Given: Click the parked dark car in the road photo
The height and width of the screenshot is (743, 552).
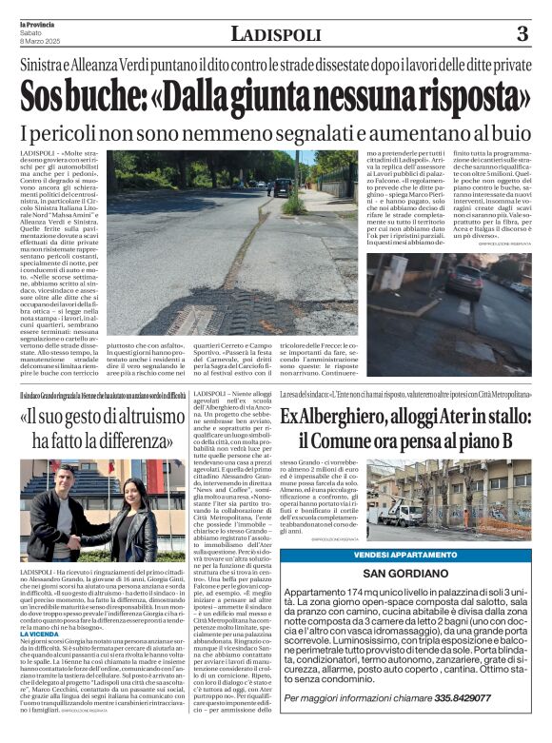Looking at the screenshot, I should click(283, 186).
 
